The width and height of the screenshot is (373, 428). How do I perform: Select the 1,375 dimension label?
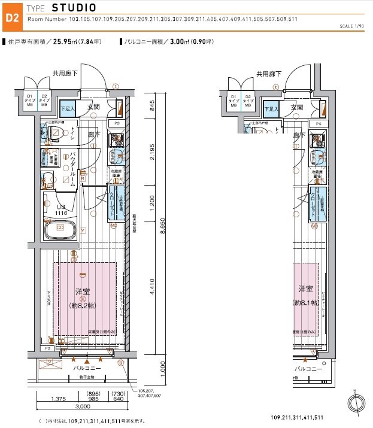[x=57, y=398]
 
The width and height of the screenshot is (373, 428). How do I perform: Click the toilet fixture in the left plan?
[x=47, y=135]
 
